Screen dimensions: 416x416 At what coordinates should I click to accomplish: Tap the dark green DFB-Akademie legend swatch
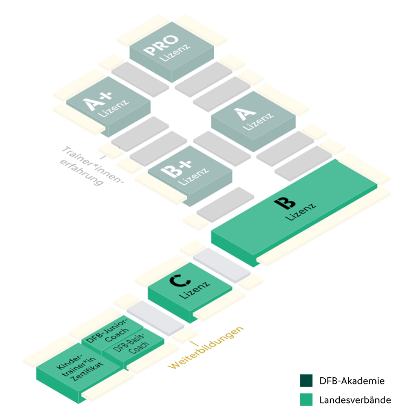tap(306, 381)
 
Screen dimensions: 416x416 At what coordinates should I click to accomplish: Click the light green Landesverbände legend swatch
tap(306, 400)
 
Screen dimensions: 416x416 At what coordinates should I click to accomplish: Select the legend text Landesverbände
tap(355, 400)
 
